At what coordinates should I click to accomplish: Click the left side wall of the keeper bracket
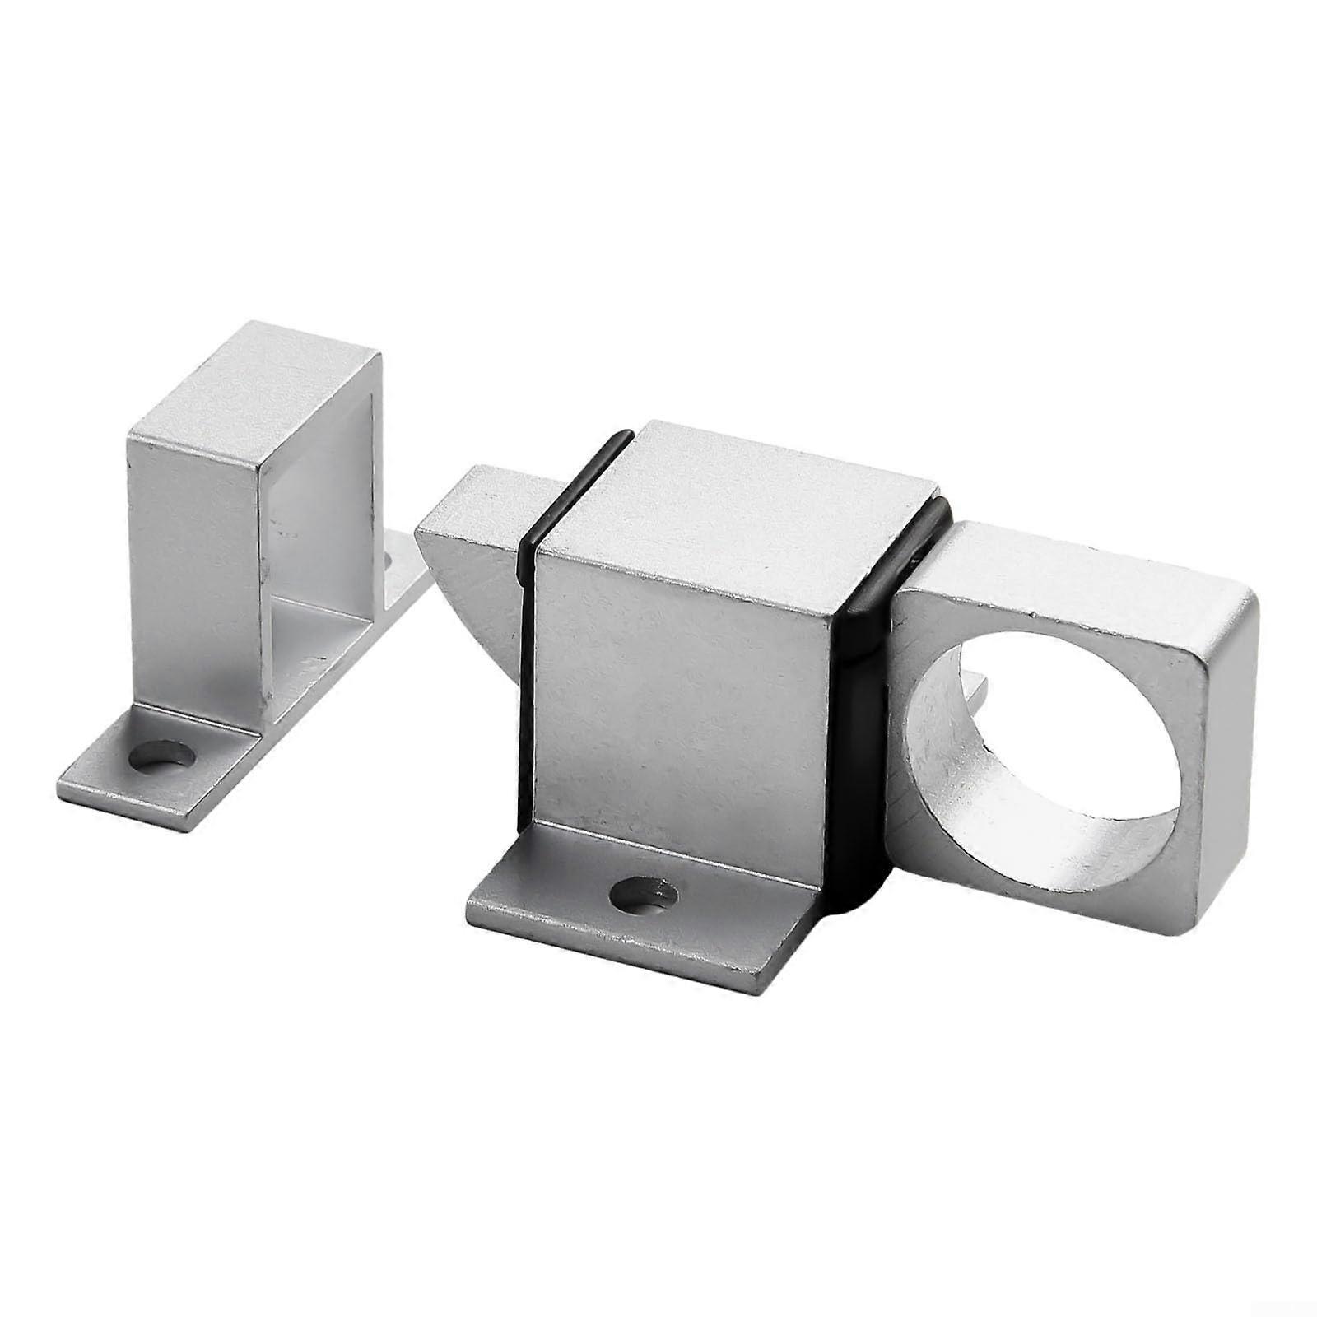click(193, 576)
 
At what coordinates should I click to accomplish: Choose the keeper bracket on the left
click(247, 576)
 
